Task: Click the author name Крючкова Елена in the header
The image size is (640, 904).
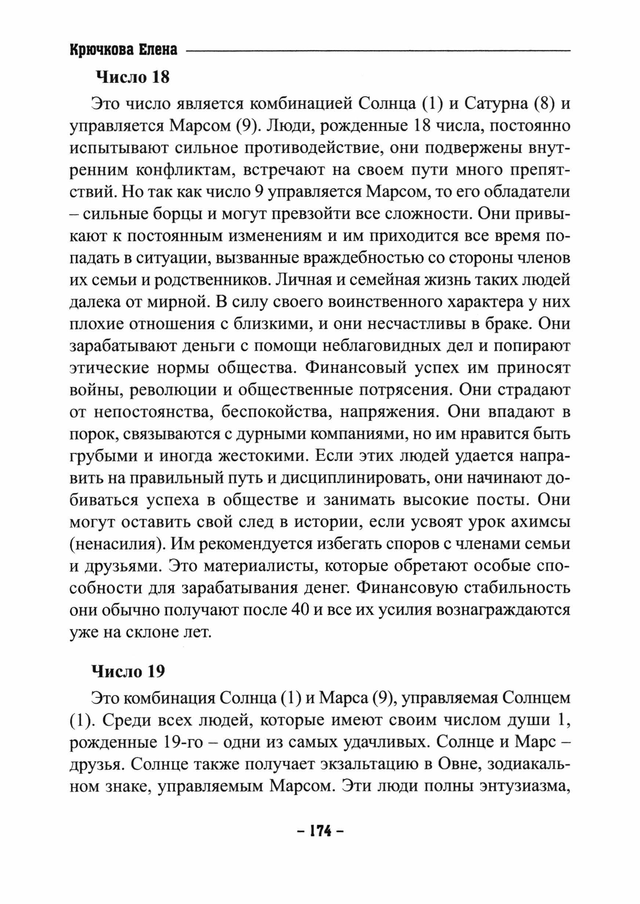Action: pyautogui.click(x=123, y=50)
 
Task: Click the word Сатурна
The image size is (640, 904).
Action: pyautogui.click(x=494, y=104)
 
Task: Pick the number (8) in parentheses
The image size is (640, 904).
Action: pyautogui.click(x=543, y=104)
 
